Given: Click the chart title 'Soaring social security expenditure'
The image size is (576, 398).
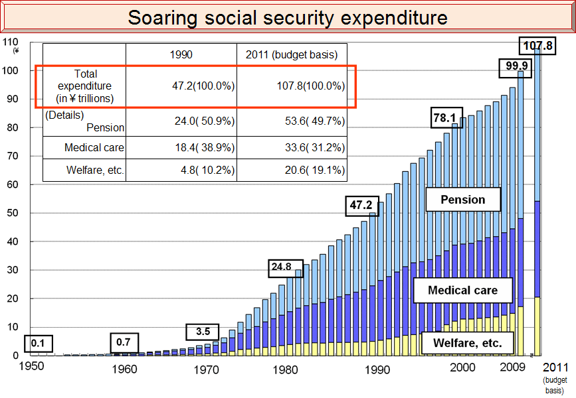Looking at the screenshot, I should tap(288, 17).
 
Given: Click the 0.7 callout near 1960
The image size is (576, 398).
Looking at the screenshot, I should tap(124, 342).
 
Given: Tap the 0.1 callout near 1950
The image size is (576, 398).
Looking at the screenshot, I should tap(38, 344).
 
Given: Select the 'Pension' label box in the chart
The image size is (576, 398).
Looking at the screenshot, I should tap(463, 200).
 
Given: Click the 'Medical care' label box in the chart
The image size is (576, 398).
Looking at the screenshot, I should tap(462, 290).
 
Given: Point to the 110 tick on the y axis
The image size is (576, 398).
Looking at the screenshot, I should tap(10, 42).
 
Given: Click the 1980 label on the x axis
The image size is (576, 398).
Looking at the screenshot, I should tap(286, 369).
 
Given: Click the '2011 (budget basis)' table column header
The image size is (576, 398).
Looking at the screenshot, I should tap(292, 54).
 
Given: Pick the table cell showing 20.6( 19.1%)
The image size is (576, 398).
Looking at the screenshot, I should tap(292, 170).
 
